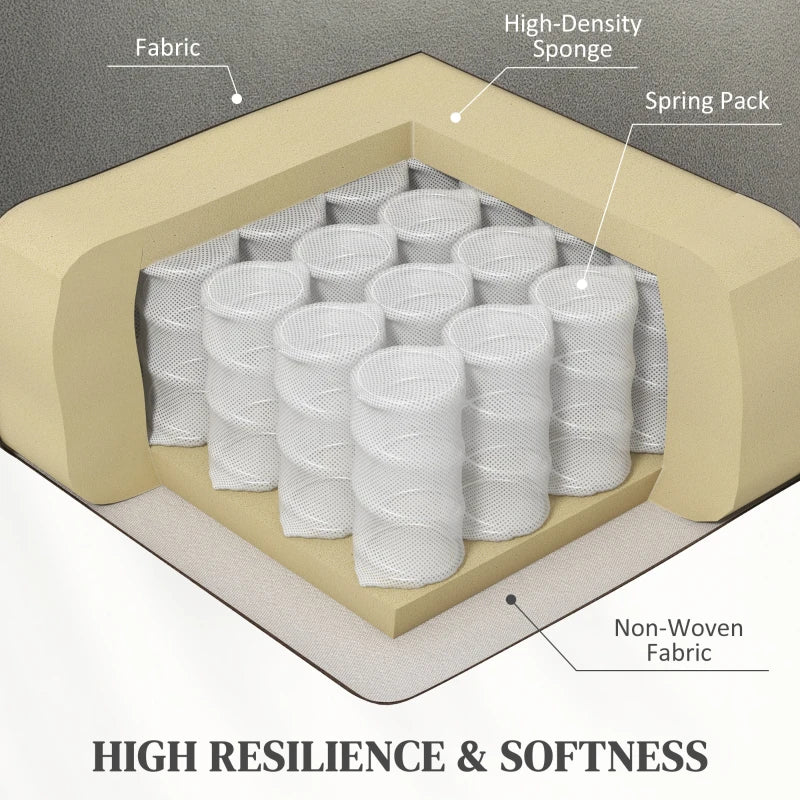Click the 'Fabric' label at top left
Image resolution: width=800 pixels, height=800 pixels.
(x=168, y=48)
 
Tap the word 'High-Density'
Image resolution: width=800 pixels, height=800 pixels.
(x=572, y=24)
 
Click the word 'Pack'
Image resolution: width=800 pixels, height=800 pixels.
(x=744, y=101)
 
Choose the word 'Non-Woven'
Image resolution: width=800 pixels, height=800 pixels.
(x=679, y=628)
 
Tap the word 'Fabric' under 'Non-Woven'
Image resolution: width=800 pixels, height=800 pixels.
(x=679, y=653)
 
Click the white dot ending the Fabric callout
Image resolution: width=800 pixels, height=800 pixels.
(x=236, y=98)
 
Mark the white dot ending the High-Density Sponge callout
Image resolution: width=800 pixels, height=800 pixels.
(x=456, y=117)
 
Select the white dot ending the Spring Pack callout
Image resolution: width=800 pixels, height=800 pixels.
(x=582, y=284)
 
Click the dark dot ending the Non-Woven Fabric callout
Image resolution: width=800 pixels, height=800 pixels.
(x=511, y=599)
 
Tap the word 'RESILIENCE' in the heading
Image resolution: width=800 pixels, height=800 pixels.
(x=327, y=756)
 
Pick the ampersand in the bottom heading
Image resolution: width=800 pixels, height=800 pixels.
(x=472, y=756)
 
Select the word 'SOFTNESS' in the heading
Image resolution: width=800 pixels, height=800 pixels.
(x=604, y=756)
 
